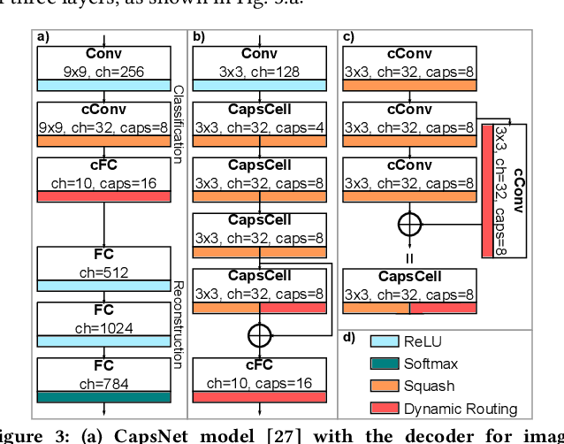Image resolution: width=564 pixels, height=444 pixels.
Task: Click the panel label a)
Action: pos(42,37)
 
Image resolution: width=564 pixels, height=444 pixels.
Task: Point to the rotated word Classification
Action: pos(178,123)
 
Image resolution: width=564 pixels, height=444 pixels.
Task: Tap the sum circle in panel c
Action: pos(408,224)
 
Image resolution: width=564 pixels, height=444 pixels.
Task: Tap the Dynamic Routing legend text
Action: pos(460,408)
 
